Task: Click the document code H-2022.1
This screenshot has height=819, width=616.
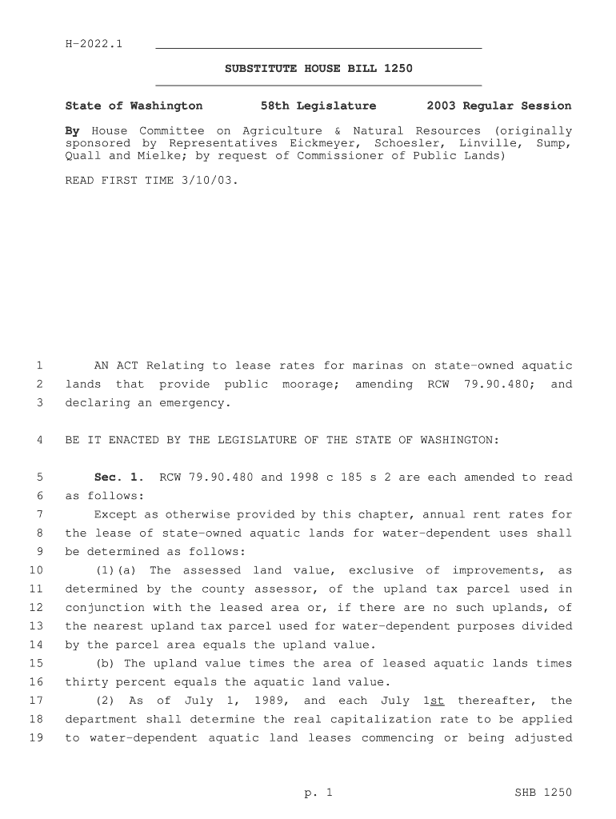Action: tap(94, 42)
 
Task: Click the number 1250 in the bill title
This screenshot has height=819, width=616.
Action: tap(398, 69)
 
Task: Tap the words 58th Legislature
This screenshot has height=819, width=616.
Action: tap(318, 106)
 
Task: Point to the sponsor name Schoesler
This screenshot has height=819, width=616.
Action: tap(404, 143)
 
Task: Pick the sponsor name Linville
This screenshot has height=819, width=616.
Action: tap(488, 143)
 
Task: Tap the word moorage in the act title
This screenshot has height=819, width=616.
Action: tap(311, 385)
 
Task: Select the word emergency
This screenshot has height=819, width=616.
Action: tap(195, 403)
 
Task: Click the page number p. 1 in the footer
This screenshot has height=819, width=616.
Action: tap(318, 793)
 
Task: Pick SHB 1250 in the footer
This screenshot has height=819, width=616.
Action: tap(543, 793)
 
